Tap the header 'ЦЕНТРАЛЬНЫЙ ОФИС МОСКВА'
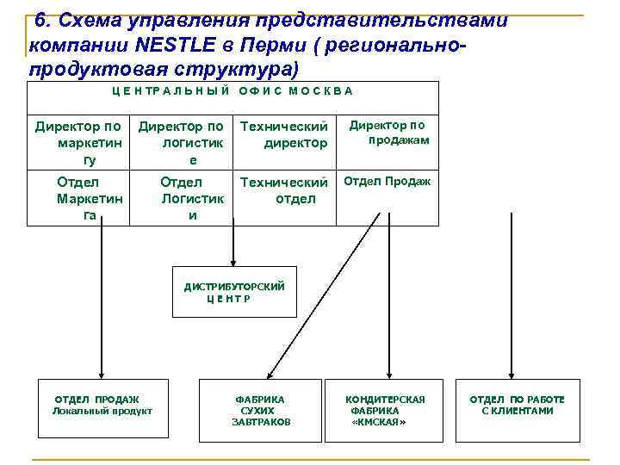click(232, 90)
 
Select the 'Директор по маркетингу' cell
click(78, 143)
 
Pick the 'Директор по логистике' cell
click(182, 143)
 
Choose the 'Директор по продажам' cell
click(387, 133)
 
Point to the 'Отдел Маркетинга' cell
click(78, 198)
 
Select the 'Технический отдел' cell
click(284, 190)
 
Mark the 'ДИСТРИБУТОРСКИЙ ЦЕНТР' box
click(234, 292)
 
